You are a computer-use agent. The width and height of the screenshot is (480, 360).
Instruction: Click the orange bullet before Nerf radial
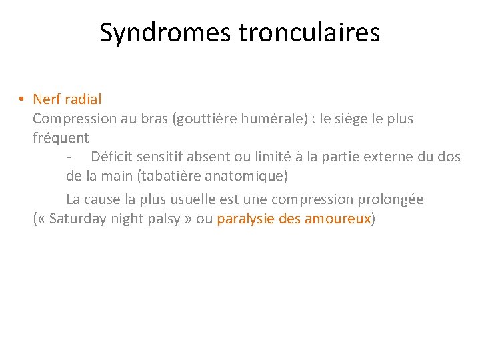tap(22, 99)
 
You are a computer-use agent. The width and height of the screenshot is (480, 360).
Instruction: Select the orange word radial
tap(83, 99)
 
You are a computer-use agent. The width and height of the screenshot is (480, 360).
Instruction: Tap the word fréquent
tap(61, 139)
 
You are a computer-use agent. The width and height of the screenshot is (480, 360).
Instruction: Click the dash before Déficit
tap(69, 157)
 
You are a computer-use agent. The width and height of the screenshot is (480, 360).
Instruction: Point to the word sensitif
tap(161, 157)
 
